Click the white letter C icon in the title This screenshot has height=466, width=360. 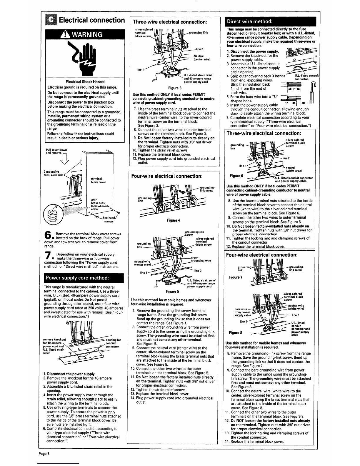(x=51, y=20)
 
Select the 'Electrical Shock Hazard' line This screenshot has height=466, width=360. (x=85, y=82)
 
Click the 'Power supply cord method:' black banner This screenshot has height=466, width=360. (x=84, y=278)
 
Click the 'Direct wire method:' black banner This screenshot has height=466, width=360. (x=270, y=21)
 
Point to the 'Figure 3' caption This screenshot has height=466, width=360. (x=175, y=88)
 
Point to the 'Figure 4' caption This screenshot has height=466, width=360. (x=174, y=220)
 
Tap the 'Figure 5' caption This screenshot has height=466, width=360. (x=172, y=292)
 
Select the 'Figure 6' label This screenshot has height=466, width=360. (x=236, y=176)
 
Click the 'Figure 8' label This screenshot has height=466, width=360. (x=235, y=333)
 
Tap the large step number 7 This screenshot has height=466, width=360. (x=48, y=255)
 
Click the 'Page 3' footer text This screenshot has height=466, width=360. (x=44, y=454)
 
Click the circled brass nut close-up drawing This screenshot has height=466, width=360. (x=53, y=214)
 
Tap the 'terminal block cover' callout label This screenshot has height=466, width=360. (x=98, y=180)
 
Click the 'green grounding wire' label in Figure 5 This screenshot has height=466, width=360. (x=201, y=259)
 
